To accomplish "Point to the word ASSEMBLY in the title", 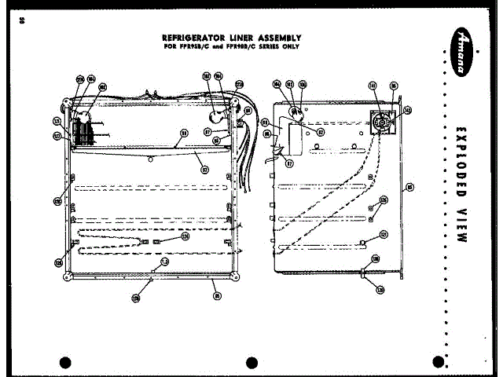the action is (276, 37).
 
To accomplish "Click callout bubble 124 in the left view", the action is (185, 235).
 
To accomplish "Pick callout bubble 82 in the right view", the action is (321, 133).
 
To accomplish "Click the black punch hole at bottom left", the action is (65, 362).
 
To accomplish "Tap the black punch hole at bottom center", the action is (251, 362).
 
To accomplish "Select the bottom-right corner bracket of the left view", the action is (237, 276).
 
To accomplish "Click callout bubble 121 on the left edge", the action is (57, 122).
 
